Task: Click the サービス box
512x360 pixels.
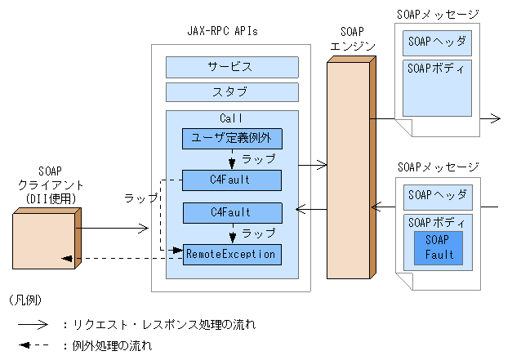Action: click(229, 66)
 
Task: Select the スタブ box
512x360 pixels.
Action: click(229, 91)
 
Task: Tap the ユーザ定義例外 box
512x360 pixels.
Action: click(232, 138)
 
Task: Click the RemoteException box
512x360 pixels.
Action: click(232, 254)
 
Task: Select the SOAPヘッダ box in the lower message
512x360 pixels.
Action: click(438, 195)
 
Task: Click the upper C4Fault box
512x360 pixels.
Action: click(232, 180)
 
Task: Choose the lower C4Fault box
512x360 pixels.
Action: click(232, 212)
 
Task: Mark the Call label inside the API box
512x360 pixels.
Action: click(231, 118)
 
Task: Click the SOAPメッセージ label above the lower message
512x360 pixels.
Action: click(438, 167)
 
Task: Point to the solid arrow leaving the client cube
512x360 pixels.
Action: click(114, 230)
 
